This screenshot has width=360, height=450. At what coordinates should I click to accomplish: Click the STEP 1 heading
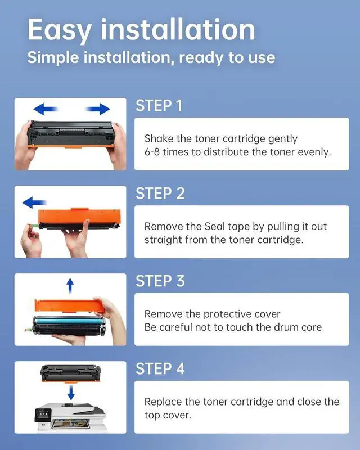159,106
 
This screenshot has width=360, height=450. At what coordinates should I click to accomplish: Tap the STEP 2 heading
160,193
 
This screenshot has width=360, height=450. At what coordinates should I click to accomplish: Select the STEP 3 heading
160,281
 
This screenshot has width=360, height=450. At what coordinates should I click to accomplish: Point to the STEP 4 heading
160,369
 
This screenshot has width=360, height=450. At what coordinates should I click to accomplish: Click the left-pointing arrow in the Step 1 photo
46,109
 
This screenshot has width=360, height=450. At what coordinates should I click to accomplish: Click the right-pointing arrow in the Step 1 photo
98,109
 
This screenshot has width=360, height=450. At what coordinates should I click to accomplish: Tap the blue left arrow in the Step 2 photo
34,202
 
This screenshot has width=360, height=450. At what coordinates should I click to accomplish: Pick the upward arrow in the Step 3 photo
70,286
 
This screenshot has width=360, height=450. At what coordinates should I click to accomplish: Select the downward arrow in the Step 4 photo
71,393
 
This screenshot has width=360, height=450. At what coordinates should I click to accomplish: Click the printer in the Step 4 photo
71,417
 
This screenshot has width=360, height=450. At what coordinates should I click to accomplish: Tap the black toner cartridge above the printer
71,373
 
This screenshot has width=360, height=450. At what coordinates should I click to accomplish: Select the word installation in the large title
178,30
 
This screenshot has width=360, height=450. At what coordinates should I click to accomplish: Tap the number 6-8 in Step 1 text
152,152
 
